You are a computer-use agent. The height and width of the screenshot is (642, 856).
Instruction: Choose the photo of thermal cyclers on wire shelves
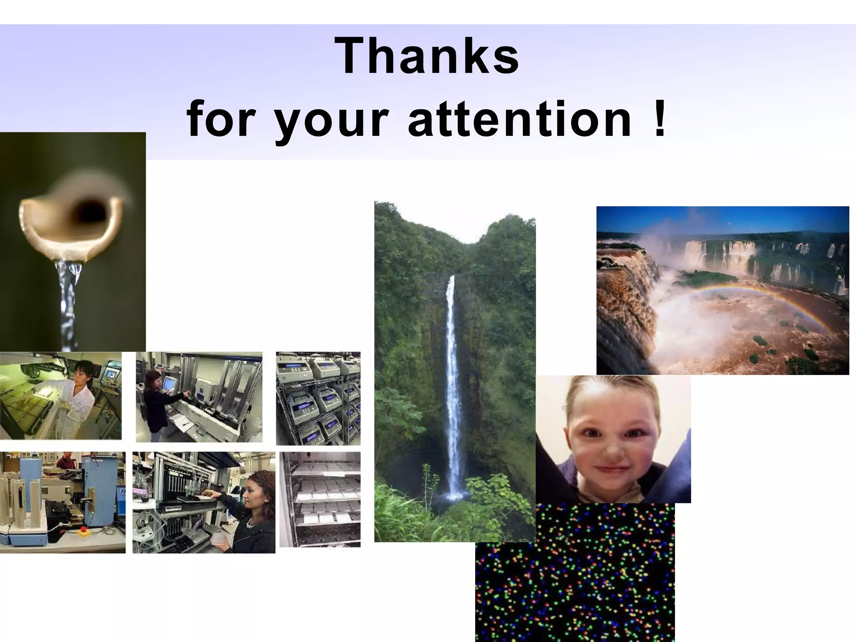tap(318, 398)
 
